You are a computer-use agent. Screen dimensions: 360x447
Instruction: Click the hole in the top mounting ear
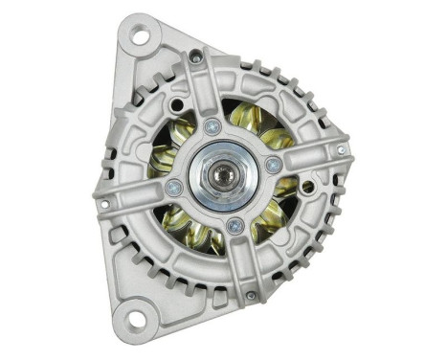140,38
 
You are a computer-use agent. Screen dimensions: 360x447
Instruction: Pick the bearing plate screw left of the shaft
174,186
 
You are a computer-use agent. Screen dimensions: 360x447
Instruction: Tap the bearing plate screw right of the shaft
274,166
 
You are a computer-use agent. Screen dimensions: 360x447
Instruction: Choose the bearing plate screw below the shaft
235,226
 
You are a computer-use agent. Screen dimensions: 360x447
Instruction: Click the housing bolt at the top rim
196,58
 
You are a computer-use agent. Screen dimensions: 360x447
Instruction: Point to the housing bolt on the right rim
341,150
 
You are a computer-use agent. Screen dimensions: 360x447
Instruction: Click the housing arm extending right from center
311,158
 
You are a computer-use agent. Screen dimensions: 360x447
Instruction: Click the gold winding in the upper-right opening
260,124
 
